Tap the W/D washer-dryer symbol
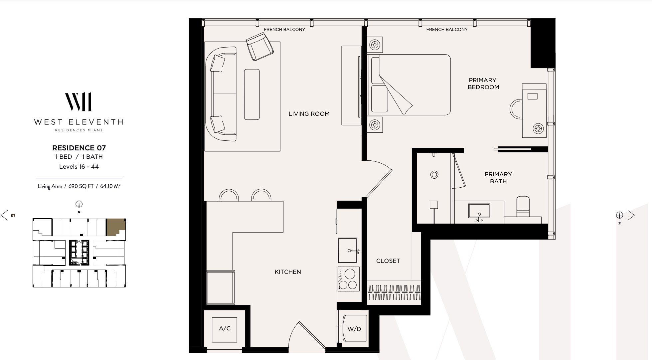click(x=355, y=329)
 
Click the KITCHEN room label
click(x=288, y=272)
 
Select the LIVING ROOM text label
click(x=309, y=114)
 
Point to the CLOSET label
click(x=388, y=261)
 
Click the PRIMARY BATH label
click(x=498, y=178)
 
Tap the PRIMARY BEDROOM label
click(x=483, y=84)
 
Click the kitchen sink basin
click(x=348, y=250)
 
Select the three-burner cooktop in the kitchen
click(x=349, y=279)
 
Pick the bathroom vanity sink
click(x=479, y=212)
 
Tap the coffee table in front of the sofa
click(x=252, y=94)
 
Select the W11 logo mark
click(x=79, y=102)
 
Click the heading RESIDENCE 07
click(x=79, y=148)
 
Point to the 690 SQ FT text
click(x=81, y=186)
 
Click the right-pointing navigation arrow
click(x=631, y=216)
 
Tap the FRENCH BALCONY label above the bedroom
click(x=447, y=30)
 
